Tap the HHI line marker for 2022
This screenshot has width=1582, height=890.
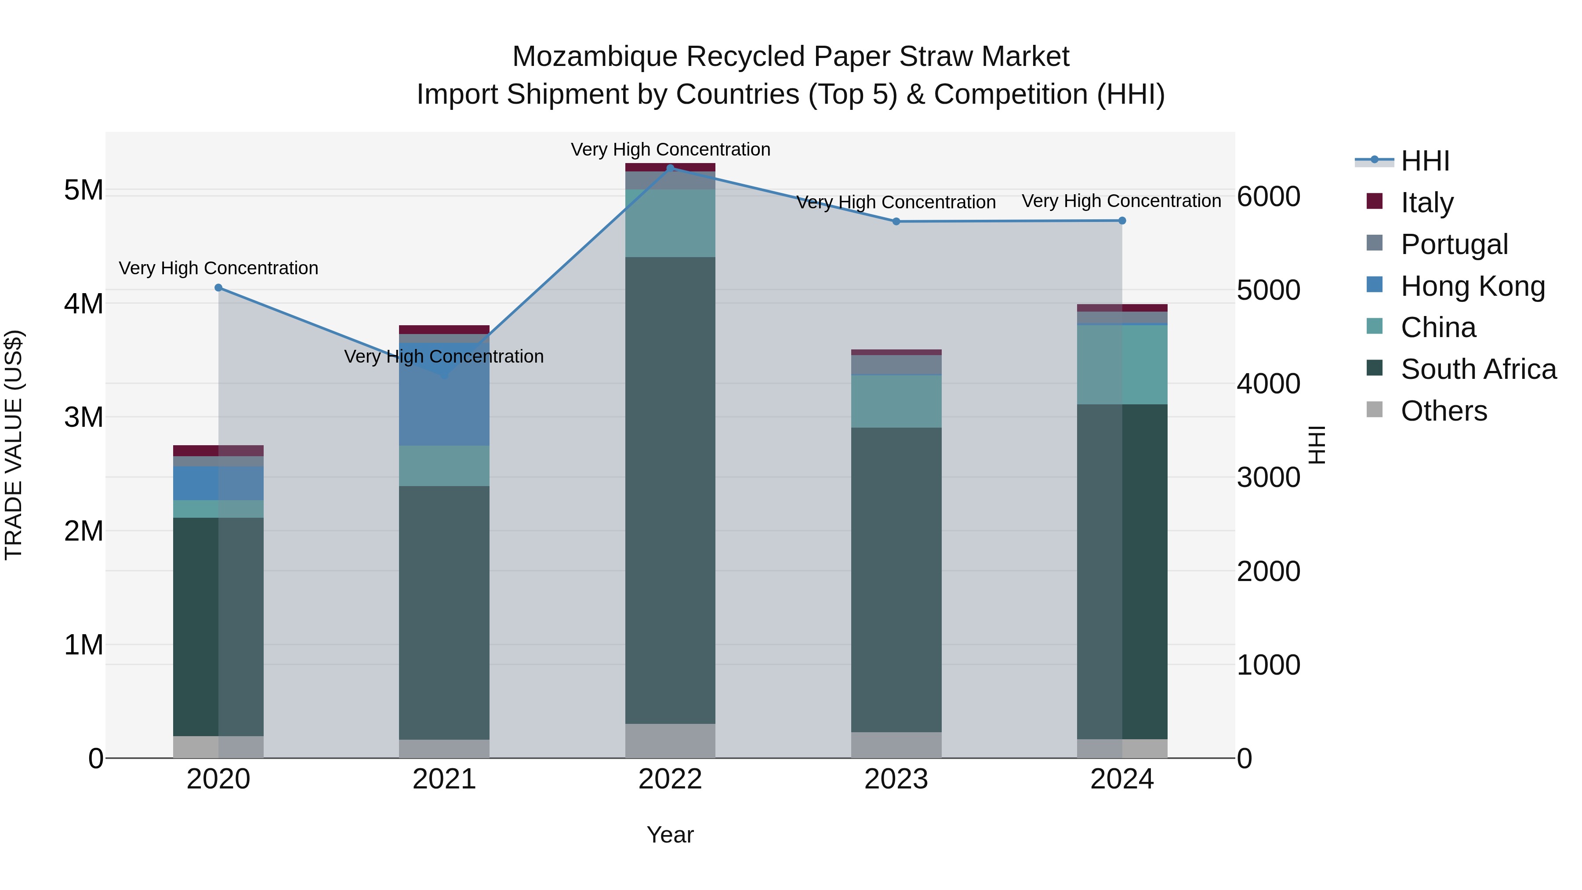click(x=670, y=168)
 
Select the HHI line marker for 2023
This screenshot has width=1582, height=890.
click(x=896, y=221)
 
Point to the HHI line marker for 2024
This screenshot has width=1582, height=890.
click(x=1122, y=221)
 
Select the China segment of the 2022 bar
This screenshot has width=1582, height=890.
click(x=670, y=223)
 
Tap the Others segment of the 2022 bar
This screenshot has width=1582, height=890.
click(x=670, y=740)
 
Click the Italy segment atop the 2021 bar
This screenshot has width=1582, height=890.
click(x=444, y=329)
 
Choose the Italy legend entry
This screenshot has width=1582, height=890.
click(x=1426, y=202)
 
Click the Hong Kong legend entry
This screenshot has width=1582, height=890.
click(x=1472, y=286)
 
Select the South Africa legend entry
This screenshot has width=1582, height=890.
click(x=1478, y=369)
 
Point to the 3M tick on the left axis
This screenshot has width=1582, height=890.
click(x=83, y=417)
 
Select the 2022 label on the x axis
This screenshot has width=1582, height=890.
click(x=670, y=779)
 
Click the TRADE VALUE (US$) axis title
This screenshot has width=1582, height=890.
click(x=14, y=445)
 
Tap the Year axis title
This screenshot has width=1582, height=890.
click(x=670, y=835)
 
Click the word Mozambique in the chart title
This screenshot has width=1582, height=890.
click(x=595, y=57)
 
